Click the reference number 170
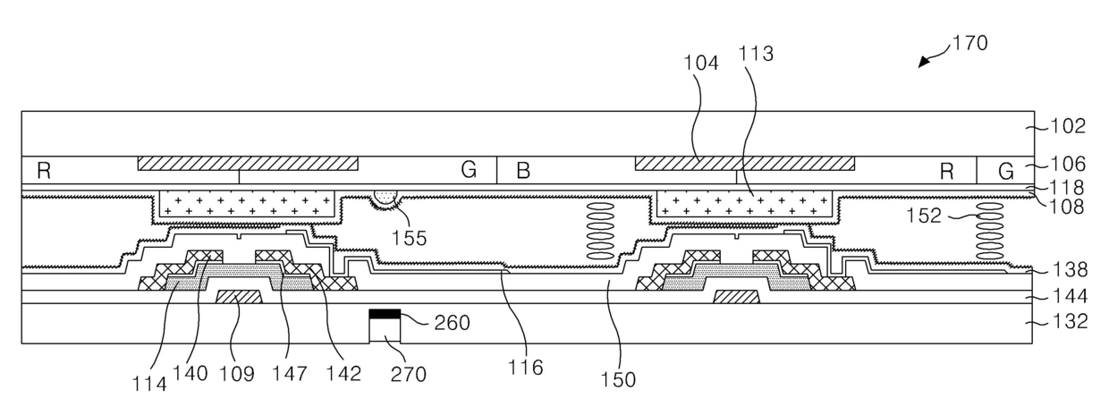969,43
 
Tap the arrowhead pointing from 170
924,62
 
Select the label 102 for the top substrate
1068,126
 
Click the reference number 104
700,63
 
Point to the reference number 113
756,54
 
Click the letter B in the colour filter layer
523,171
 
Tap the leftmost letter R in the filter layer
44,171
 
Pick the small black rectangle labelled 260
385,313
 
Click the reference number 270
408,374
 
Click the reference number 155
409,238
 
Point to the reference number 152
924,216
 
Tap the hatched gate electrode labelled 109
239,297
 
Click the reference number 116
525,368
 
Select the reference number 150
618,380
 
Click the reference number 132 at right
1070,322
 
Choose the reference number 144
1070,297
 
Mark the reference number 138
1070,270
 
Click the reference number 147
290,374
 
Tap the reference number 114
149,384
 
